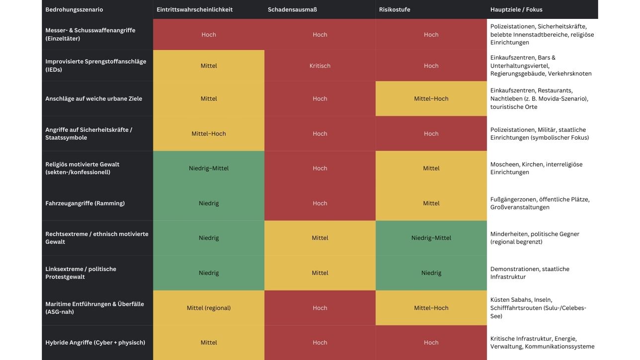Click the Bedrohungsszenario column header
[x=74, y=9]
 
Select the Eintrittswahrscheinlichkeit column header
[x=194, y=9]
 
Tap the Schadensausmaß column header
[x=292, y=9]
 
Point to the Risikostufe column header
[x=395, y=9]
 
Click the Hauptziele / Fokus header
[x=516, y=9]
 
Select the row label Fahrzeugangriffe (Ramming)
[x=85, y=203]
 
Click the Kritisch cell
[x=320, y=66]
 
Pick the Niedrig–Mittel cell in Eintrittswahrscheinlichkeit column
[x=209, y=169]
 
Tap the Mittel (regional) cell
[x=209, y=308]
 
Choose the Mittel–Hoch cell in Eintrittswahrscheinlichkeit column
[x=209, y=134]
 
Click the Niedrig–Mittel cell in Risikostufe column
[x=431, y=238]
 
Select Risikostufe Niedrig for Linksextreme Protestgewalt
[x=431, y=273]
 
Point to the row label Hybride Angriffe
[x=95, y=343]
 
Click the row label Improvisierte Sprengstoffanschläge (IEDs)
[x=95, y=66]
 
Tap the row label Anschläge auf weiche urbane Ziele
[x=93, y=99]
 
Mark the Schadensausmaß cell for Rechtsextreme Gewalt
[x=320, y=238]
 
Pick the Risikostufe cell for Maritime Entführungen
[x=431, y=308]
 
